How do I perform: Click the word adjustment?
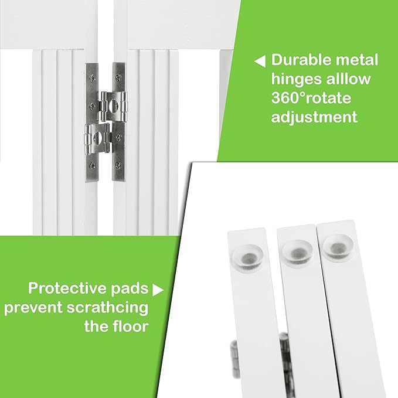315,117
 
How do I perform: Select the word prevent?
34,307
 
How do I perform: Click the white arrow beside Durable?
259,61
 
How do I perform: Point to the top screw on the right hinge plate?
118,75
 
